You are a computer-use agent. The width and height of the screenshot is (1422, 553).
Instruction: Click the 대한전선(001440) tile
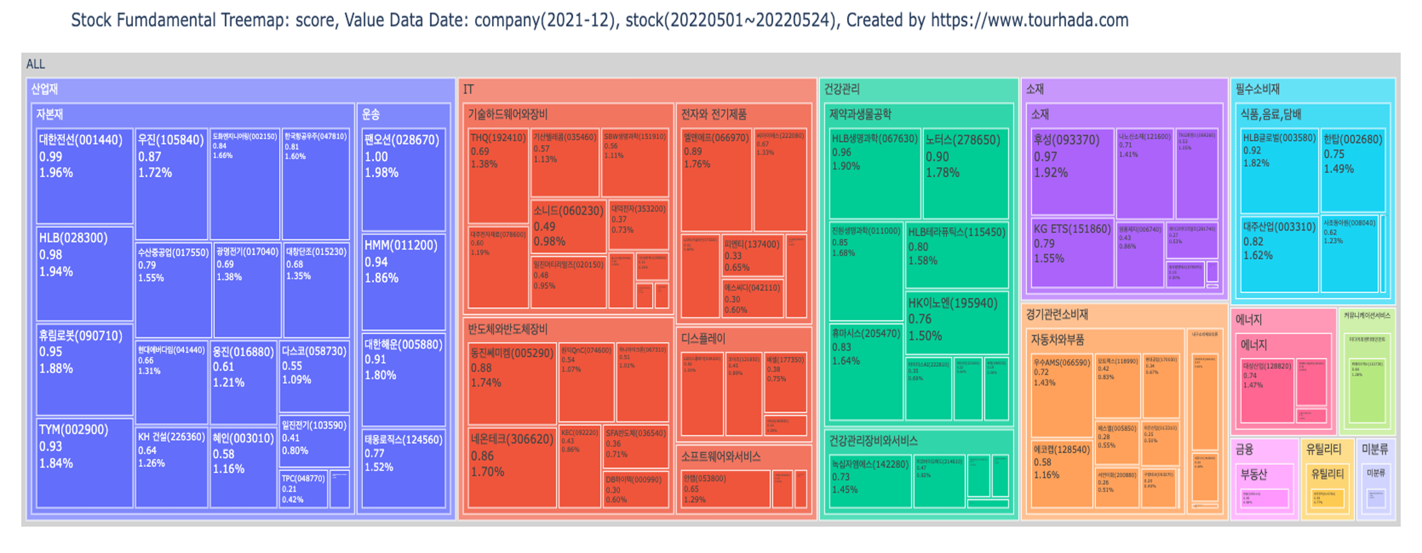(84, 176)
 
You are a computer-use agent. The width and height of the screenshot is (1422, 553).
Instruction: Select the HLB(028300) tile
(84, 273)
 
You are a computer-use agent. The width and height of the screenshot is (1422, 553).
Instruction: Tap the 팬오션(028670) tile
(403, 180)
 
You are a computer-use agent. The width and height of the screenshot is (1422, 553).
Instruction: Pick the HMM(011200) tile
(403, 282)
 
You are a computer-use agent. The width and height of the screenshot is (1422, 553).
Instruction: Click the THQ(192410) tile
(498, 176)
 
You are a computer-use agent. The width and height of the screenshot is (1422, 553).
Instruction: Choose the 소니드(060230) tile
(568, 227)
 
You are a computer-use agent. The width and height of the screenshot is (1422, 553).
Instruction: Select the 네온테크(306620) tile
(512, 467)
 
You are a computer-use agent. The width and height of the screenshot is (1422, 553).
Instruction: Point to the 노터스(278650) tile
(966, 174)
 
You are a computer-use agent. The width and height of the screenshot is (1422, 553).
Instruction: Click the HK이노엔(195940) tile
(957, 321)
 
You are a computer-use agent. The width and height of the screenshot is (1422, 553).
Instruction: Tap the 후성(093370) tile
(1072, 171)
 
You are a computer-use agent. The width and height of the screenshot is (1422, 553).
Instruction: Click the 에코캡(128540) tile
(1061, 473)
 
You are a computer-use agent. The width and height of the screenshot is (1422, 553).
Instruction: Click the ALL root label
(36, 64)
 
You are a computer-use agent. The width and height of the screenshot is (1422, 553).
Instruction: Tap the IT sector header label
(468, 89)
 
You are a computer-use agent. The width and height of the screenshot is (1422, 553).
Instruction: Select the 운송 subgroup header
(371, 114)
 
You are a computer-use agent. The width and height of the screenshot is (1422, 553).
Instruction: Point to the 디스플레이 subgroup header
(703, 338)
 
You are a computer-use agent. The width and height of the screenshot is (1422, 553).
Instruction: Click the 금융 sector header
(1244, 449)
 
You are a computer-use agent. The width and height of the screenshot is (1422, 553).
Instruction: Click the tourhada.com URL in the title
(1030, 20)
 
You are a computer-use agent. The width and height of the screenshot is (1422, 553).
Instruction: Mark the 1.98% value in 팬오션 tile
(381, 173)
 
